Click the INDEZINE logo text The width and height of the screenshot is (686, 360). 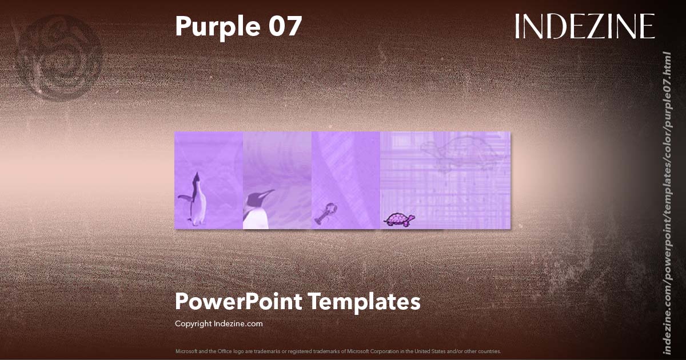(x=584, y=26)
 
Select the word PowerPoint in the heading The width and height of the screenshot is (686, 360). (x=238, y=301)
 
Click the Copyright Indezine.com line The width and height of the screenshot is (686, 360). (x=218, y=323)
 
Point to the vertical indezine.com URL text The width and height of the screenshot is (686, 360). (x=666, y=203)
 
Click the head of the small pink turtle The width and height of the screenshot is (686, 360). (x=412, y=218)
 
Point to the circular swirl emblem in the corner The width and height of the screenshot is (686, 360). (x=58, y=57)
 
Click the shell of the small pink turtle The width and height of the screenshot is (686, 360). (x=396, y=217)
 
